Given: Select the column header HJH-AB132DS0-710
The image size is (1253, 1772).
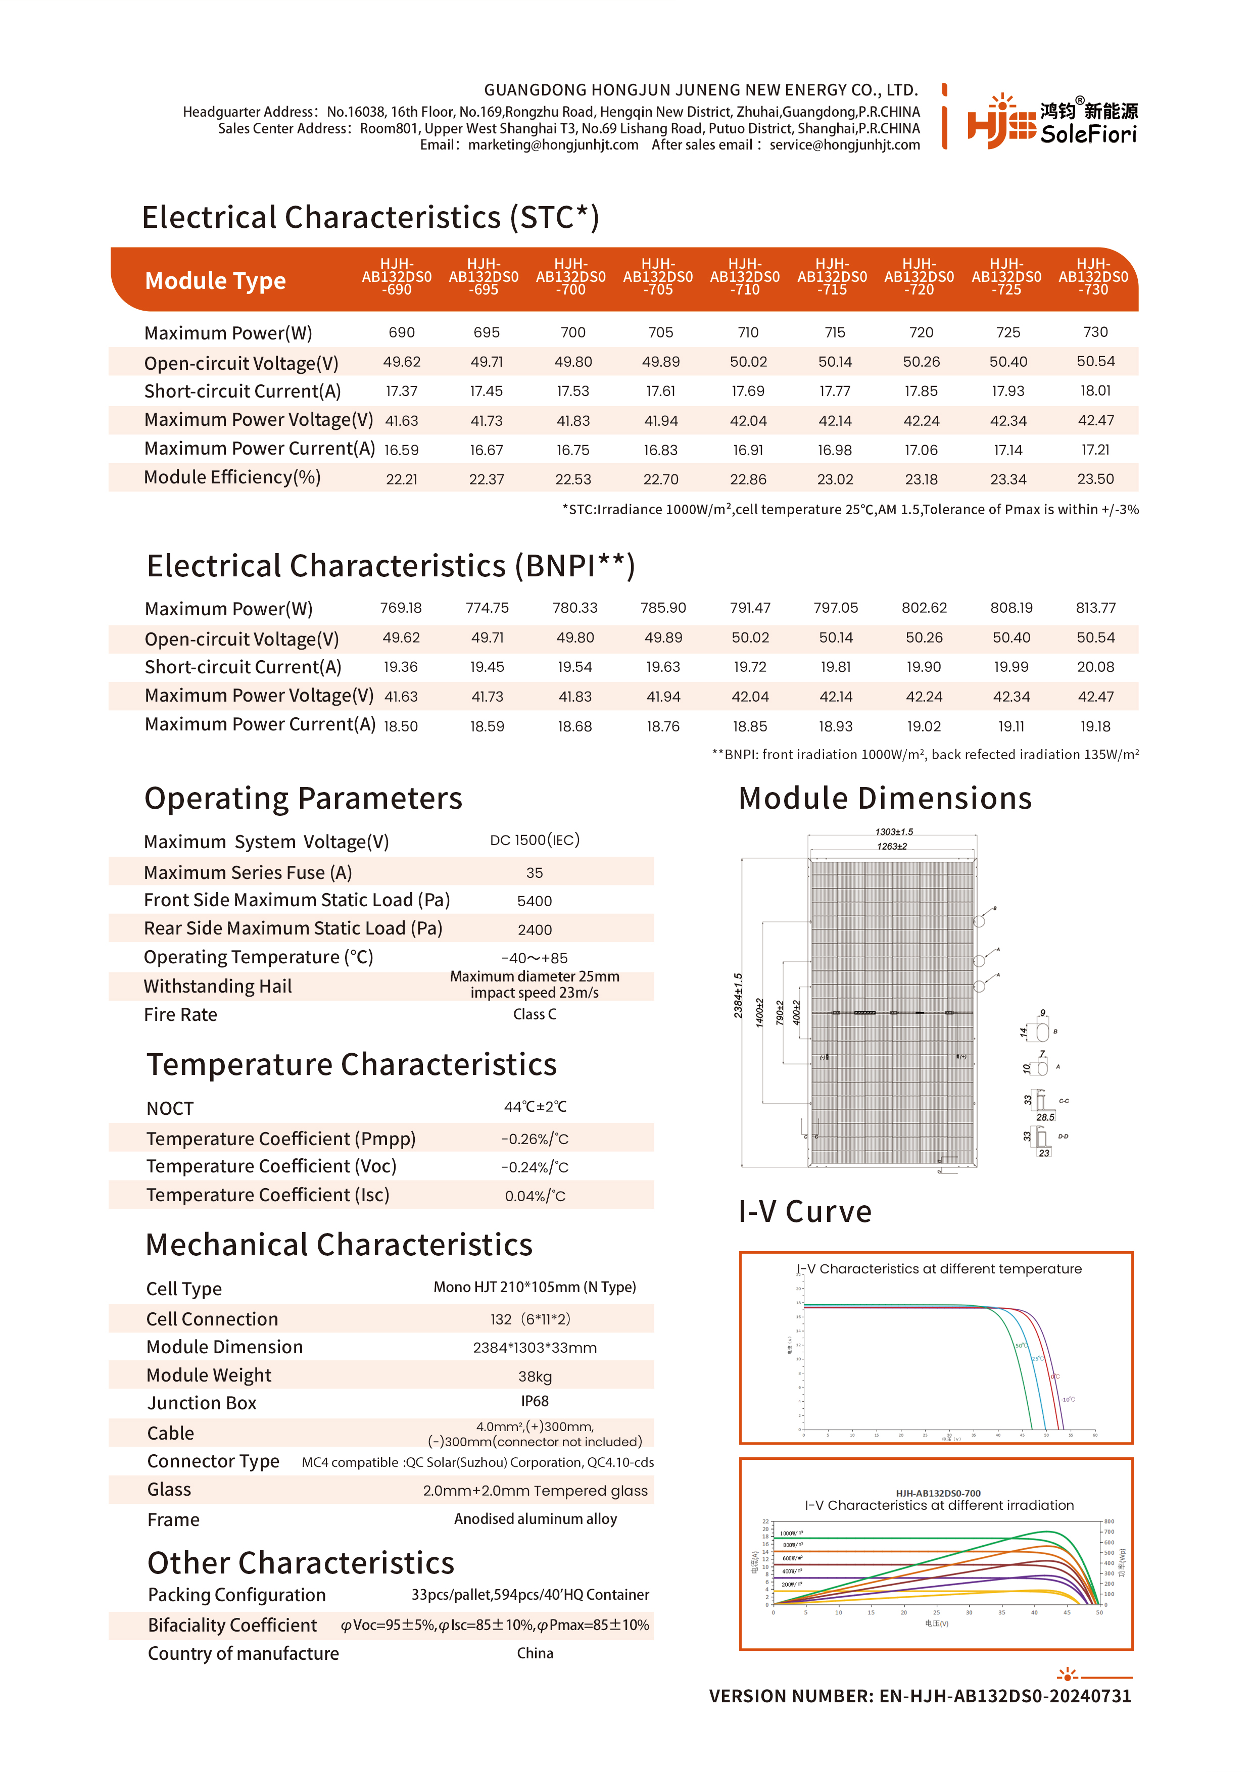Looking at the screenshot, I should tap(745, 277).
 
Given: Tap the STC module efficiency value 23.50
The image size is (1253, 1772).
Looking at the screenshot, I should tap(1095, 479).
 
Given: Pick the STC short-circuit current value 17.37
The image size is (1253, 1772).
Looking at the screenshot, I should tap(402, 391).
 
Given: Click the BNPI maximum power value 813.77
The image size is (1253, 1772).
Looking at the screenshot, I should tap(1095, 608).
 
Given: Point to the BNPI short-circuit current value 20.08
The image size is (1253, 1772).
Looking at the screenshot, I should tap(1095, 667).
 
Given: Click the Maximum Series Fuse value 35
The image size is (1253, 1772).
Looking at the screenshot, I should tap(534, 873).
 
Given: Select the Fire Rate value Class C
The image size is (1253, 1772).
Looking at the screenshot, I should tap(534, 1015).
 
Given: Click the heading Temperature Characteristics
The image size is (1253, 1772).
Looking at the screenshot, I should tap(351, 1064).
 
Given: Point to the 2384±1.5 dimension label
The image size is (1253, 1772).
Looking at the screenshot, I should tap(738, 996).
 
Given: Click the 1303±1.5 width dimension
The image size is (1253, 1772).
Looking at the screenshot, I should tap(894, 832).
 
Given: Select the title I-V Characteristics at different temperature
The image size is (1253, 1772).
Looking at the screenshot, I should tap(939, 1269).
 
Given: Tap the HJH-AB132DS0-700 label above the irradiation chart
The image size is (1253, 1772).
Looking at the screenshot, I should tap(938, 1493).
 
